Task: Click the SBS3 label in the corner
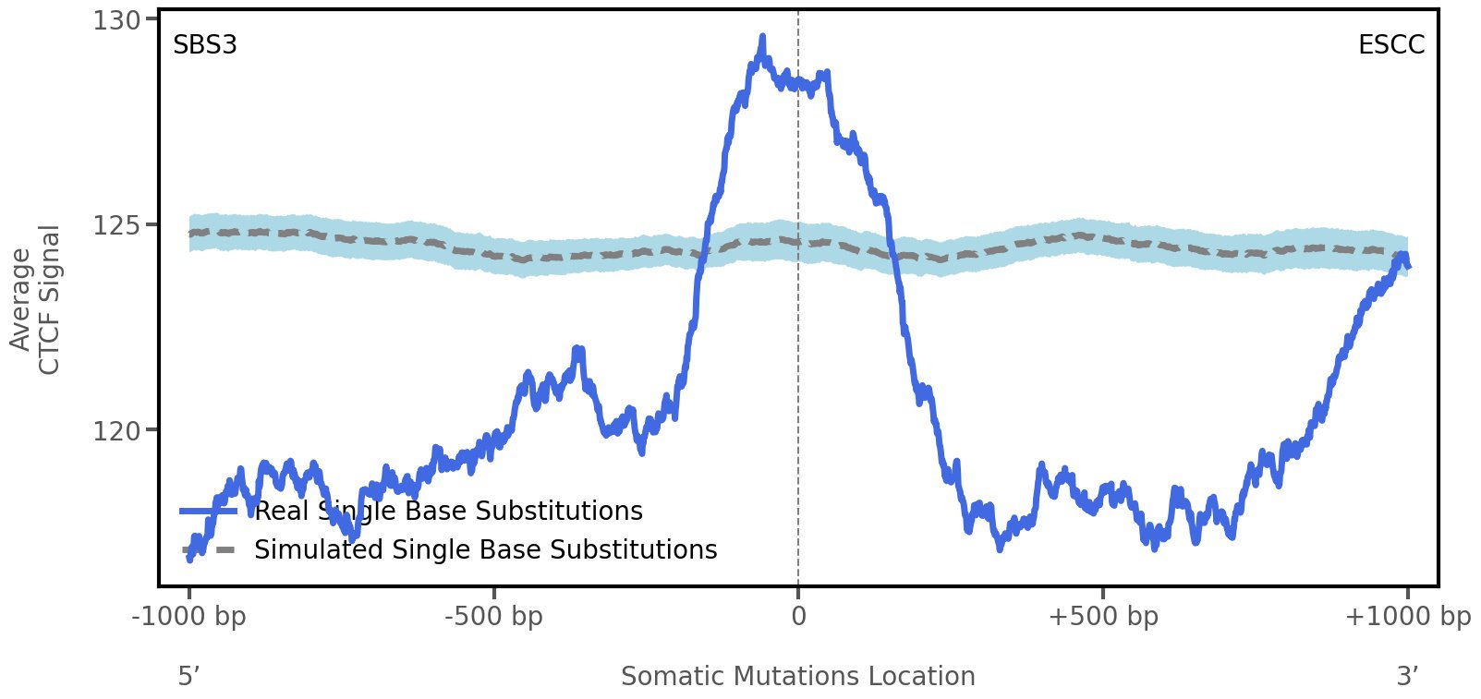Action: pyautogui.click(x=205, y=44)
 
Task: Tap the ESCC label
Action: pyautogui.click(x=1390, y=44)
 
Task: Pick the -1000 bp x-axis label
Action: pyautogui.click(x=189, y=616)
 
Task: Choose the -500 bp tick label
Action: pyautogui.click(x=493, y=616)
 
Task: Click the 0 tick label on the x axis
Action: pyautogui.click(x=798, y=616)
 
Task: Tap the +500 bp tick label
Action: pyautogui.click(x=1103, y=616)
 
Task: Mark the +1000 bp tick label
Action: pyautogui.click(x=1407, y=616)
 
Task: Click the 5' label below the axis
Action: pyautogui.click(x=188, y=677)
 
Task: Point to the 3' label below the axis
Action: pyautogui.click(x=1407, y=677)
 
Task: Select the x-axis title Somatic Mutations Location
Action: pyautogui.click(x=797, y=677)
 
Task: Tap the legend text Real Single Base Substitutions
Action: pyautogui.click(x=448, y=511)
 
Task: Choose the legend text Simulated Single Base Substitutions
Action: pyautogui.click(x=485, y=549)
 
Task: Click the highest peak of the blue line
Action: pyautogui.click(x=762, y=37)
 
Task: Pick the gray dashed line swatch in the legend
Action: pyautogui.click(x=209, y=549)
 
